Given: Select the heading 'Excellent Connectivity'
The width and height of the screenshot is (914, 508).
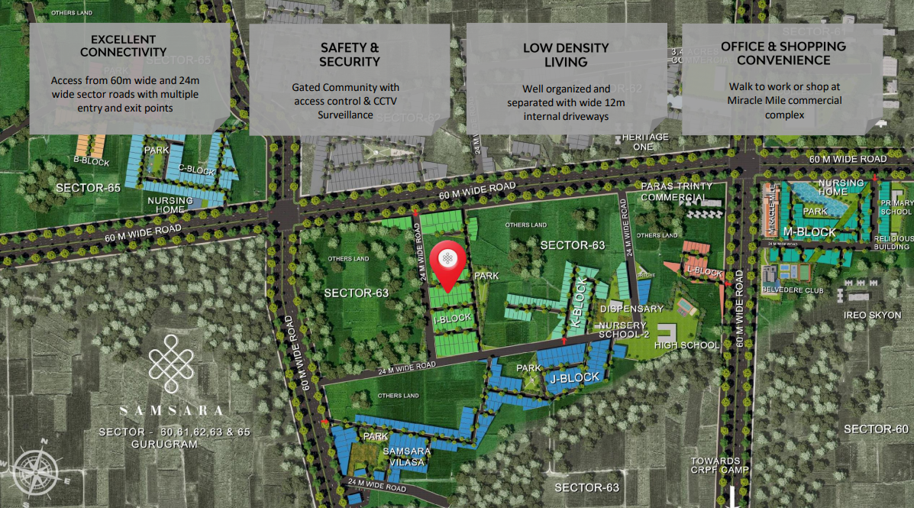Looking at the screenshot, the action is (123, 46).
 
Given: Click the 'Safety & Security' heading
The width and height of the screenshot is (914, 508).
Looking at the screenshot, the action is (349, 54).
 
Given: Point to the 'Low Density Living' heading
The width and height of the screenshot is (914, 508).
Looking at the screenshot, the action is (566, 54).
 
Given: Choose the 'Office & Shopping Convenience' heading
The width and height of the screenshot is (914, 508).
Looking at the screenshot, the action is (783, 53).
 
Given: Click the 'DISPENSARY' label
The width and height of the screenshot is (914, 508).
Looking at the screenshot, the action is (631, 309).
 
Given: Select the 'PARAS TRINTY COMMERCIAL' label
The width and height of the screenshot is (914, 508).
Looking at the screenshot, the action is (677, 192).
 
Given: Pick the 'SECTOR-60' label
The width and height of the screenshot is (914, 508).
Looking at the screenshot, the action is (876, 429).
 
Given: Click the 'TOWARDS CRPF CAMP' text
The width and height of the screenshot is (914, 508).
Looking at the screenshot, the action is (715, 465).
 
